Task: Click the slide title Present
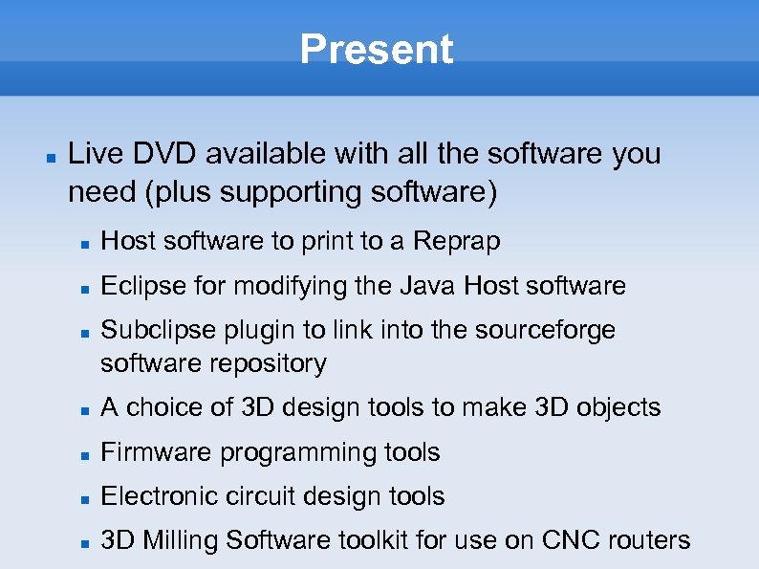377,50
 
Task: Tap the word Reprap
456,242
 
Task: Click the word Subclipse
148,330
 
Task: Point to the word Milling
183,540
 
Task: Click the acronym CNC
570,540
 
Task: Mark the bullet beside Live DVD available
49,155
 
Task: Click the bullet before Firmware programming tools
84,453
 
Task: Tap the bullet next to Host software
84,243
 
